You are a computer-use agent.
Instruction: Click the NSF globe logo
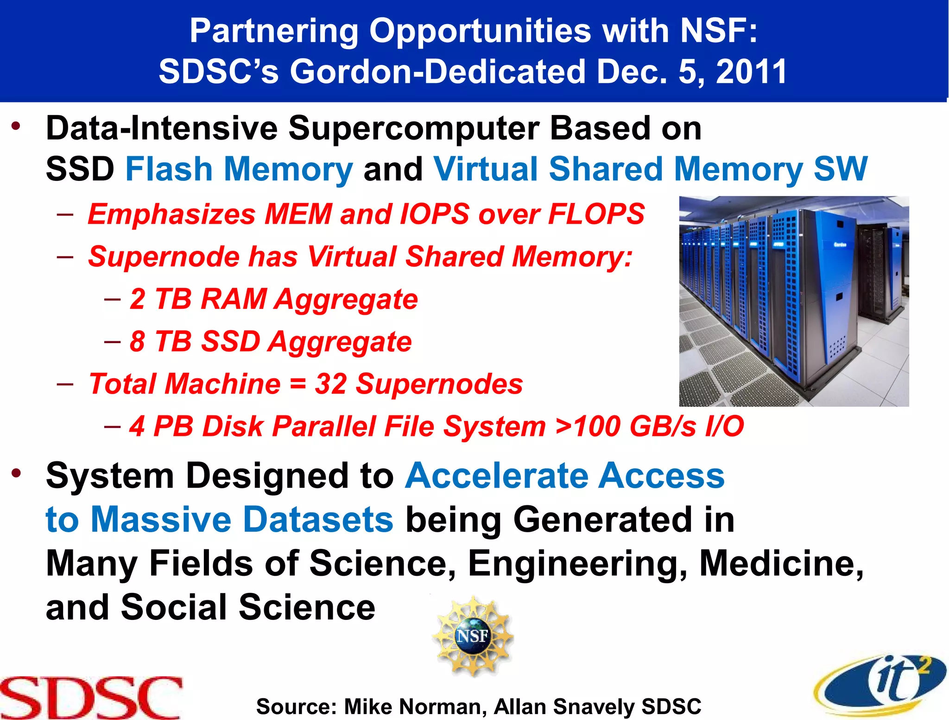tap(472, 636)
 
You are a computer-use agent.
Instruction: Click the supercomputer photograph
tap(794, 301)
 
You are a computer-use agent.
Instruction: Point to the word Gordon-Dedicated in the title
tap(438, 72)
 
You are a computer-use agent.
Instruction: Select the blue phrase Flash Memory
tap(239, 169)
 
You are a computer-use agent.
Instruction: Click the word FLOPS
tap(596, 214)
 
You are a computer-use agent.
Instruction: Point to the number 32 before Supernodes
tap(330, 384)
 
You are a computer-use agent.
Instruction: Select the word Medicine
tap(782, 563)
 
